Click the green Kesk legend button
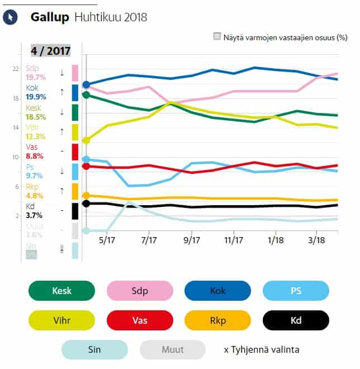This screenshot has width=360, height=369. (61, 291)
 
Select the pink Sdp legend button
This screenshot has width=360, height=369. (140, 291)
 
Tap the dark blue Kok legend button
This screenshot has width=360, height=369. (217, 291)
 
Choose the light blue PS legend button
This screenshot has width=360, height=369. (296, 291)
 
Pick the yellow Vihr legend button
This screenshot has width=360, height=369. (61, 320)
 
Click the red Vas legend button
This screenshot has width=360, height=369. (140, 320)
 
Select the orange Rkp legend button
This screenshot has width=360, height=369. (217, 320)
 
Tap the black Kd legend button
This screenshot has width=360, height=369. (296, 320)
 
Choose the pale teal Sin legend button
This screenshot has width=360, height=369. (95, 350)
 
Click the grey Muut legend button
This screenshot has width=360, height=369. (173, 350)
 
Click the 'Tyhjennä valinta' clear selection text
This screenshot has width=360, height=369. (260, 350)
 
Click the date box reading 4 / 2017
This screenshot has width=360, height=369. (50, 50)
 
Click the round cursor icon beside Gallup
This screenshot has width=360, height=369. (10, 17)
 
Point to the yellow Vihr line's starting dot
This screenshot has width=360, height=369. (86, 140)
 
